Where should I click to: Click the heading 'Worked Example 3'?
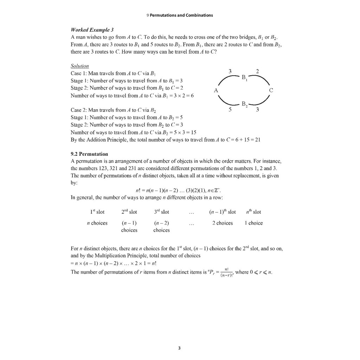point(92,30)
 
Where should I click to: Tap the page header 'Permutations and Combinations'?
point(181,15)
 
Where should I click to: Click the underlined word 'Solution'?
point(80,66)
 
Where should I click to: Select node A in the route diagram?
point(216,90)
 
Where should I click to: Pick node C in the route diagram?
point(271,90)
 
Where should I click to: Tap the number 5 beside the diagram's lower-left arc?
point(230,110)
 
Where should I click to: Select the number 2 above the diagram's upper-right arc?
point(258,71)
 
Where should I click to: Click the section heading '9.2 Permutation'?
point(89,154)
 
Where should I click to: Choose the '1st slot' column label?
point(97,212)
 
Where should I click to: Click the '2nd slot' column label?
point(129,212)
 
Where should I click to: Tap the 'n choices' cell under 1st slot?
point(97,223)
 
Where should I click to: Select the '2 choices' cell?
point(222,223)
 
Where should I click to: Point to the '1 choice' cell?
point(253,223)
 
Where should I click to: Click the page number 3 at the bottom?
point(179,348)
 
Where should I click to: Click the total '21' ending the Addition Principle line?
point(258,140)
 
